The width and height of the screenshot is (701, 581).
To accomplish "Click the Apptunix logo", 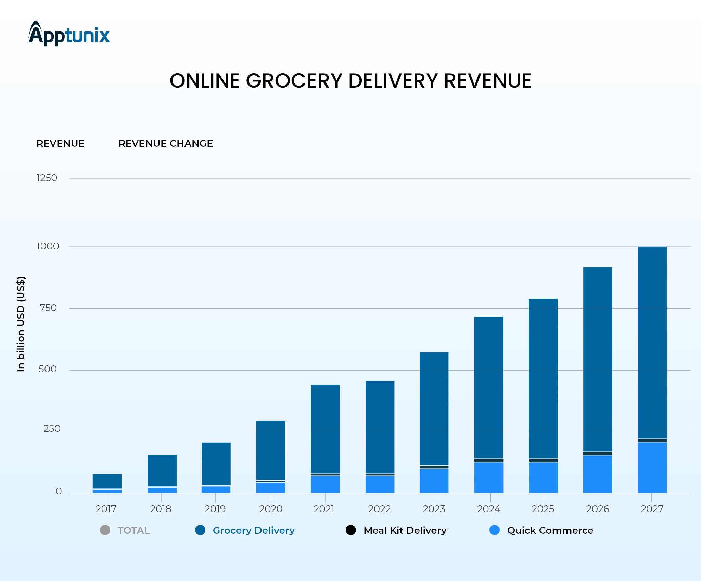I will click(69, 34).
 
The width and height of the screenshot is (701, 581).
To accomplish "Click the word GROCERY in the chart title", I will click(294, 81).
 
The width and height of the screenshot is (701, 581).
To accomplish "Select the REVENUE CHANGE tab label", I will click(166, 143).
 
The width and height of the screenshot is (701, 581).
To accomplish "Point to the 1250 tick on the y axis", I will click(47, 178).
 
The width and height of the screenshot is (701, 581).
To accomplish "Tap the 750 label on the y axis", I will click(48, 308).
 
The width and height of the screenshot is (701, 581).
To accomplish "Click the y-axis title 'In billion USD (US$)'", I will click(21, 324).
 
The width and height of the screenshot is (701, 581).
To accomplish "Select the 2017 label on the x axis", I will click(106, 509).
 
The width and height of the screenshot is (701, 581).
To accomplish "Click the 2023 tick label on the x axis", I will click(434, 509).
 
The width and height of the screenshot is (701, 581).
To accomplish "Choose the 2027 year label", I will click(652, 509).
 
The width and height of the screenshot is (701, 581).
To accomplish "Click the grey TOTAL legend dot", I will click(105, 530).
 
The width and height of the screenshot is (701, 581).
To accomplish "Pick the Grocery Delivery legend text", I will click(254, 530).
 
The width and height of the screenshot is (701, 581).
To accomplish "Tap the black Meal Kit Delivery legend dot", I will click(351, 530).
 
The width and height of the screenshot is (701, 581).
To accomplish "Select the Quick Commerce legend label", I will click(550, 530).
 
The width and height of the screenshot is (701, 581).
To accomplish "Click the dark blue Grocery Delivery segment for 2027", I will click(652, 342).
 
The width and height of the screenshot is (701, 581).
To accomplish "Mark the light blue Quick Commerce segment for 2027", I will click(652, 467).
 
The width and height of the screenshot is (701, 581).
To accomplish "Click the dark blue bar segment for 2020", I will click(271, 450).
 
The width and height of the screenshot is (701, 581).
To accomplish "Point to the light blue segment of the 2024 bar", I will click(489, 477).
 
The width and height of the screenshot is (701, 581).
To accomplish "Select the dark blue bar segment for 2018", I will click(162, 470).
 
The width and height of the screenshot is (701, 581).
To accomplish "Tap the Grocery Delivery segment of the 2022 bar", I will click(380, 427).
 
